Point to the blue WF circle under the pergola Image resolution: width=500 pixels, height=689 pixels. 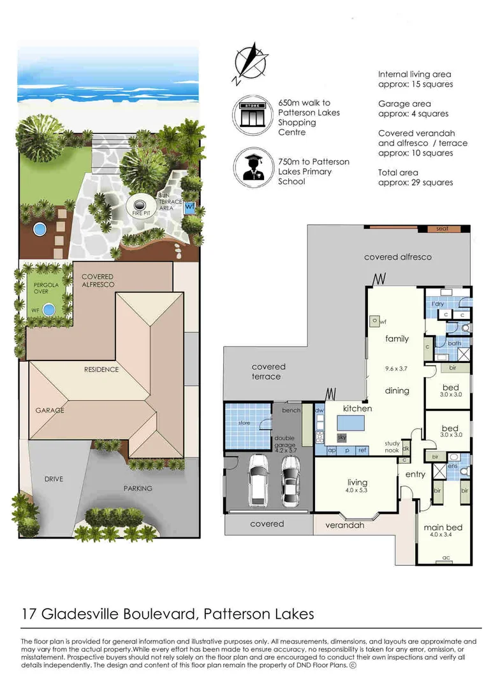pos(48,310)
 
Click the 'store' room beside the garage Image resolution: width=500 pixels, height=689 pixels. pos(245,424)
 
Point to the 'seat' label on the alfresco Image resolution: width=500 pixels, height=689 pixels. pos(442,229)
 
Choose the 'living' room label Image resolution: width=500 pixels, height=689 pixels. pos(358,483)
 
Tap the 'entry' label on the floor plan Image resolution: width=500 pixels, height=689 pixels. pos(415,474)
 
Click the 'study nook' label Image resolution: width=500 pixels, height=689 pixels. pos(392,447)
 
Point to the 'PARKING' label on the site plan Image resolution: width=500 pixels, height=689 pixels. pos(138,488)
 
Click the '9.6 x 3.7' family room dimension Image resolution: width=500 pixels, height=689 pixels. pos(396,368)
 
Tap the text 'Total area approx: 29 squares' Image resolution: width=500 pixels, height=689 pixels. pos(415,177)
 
